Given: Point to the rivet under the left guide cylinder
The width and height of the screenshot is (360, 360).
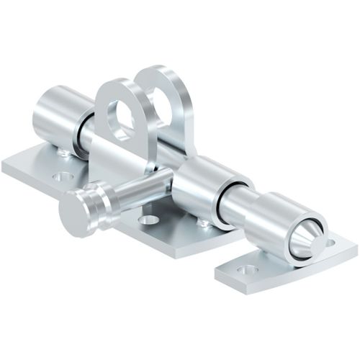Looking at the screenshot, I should pyautogui.click(x=65, y=153).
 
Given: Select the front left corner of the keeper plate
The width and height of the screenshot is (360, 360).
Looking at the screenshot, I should pyautogui.click(x=219, y=274).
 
